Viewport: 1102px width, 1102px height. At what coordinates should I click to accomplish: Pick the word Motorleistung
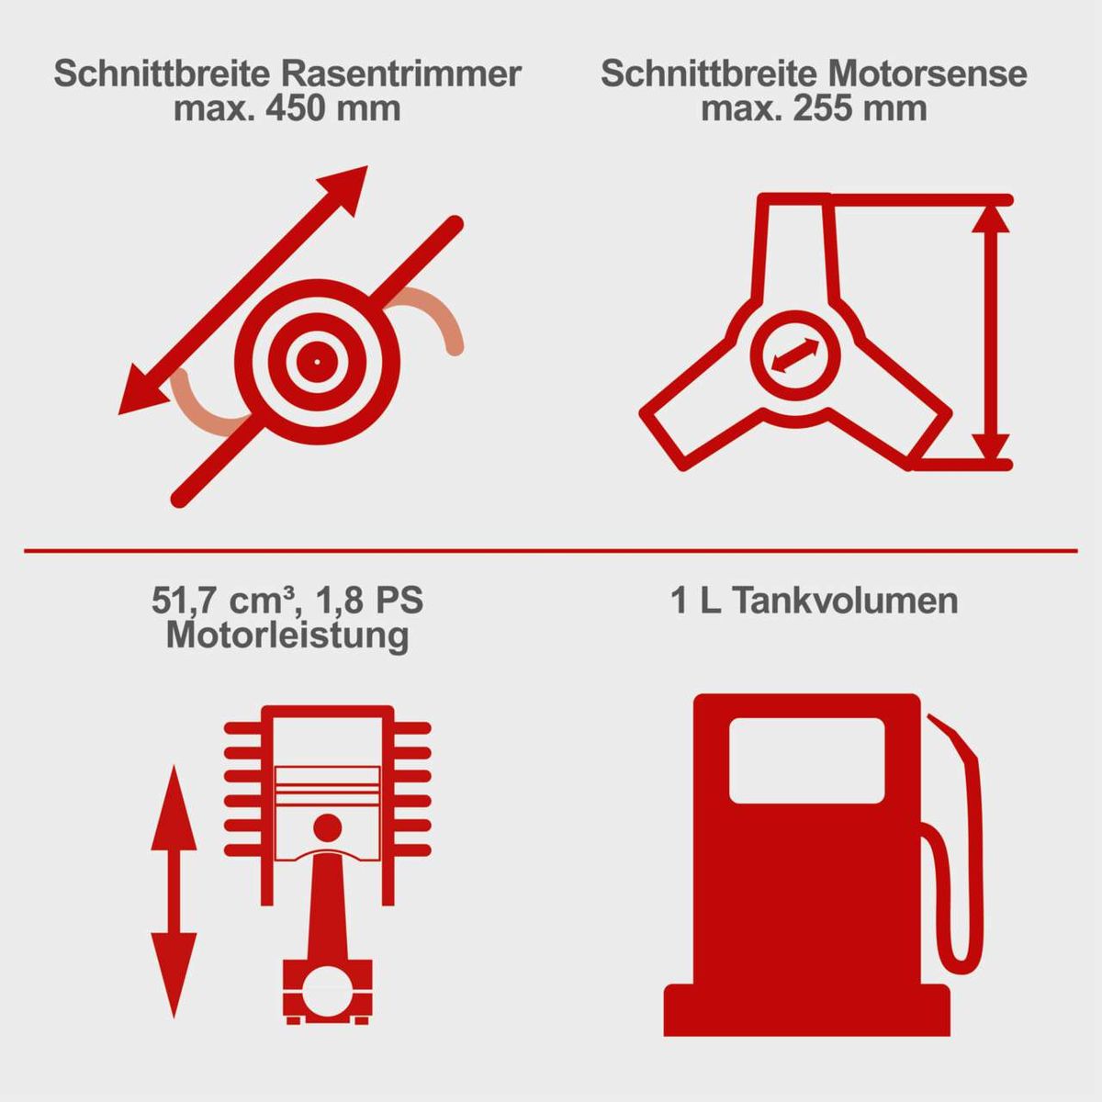coord(287,635)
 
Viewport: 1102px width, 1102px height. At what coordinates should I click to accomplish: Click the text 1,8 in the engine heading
coord(339,601)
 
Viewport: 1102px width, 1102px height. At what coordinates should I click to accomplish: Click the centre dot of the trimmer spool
coord(317,362)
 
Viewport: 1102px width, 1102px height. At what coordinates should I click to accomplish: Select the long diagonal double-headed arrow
coord(243,290)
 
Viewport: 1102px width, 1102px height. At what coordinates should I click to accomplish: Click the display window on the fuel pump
coord(806,760)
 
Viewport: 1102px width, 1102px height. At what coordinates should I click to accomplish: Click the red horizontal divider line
coord(551,551)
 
